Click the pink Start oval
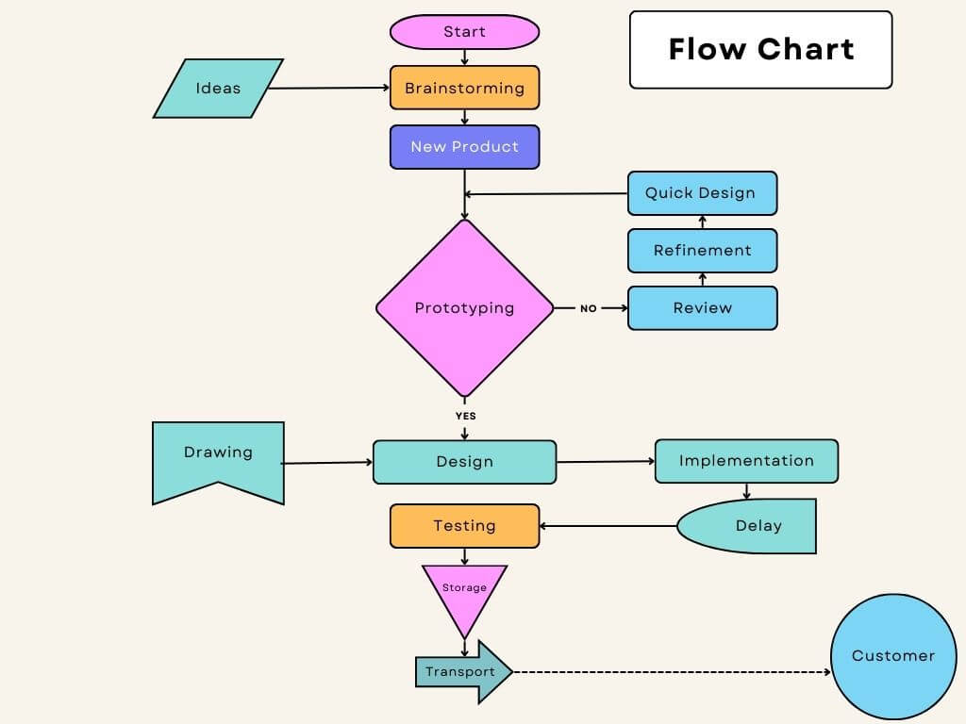click(x=464, y=32)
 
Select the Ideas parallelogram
click(x=218, y=89)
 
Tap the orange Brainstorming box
click(x=464, y=88)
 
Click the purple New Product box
click(x=464, y=147)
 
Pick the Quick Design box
click(x=702, y=193)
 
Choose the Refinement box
click(x=702, y=251)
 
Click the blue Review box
click(x=702, y=308)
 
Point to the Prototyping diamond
click(x=464, y=308)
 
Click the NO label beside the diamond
click(x=589, y=308)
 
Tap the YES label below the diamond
click(x=465, y=416)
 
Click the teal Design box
click(x=464, y=462)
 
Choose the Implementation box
click(x=746, y=461)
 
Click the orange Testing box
click(x=464, y=526)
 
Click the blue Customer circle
click(x=892, y=656)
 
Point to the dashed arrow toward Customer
click(x=670, y=672)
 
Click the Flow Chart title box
click(x=760, y=50)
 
